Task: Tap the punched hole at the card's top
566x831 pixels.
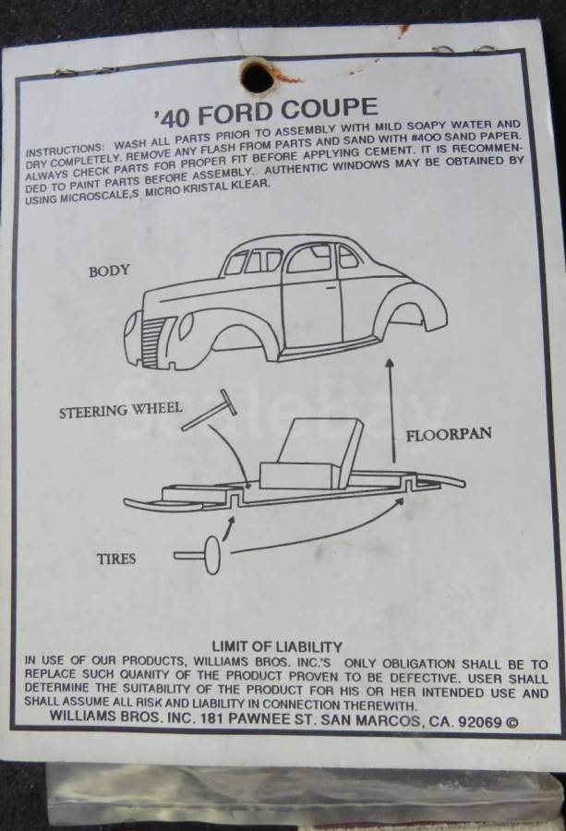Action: (x=258, y=77)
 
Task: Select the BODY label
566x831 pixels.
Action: (x=109, y=271)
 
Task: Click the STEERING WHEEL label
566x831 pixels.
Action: (x=121, y=410)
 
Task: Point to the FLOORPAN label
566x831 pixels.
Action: (x=449, y=435)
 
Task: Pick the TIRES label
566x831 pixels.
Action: (x=116, y=559)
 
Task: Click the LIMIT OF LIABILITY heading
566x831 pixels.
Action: (x=277, y=646)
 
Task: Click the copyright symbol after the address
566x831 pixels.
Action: (x=512, y=722)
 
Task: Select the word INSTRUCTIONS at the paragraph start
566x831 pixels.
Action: (x=64, y=149)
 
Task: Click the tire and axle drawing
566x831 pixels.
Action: (x=199, y=555)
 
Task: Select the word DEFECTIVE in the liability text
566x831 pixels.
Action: (x=417, y=678)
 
